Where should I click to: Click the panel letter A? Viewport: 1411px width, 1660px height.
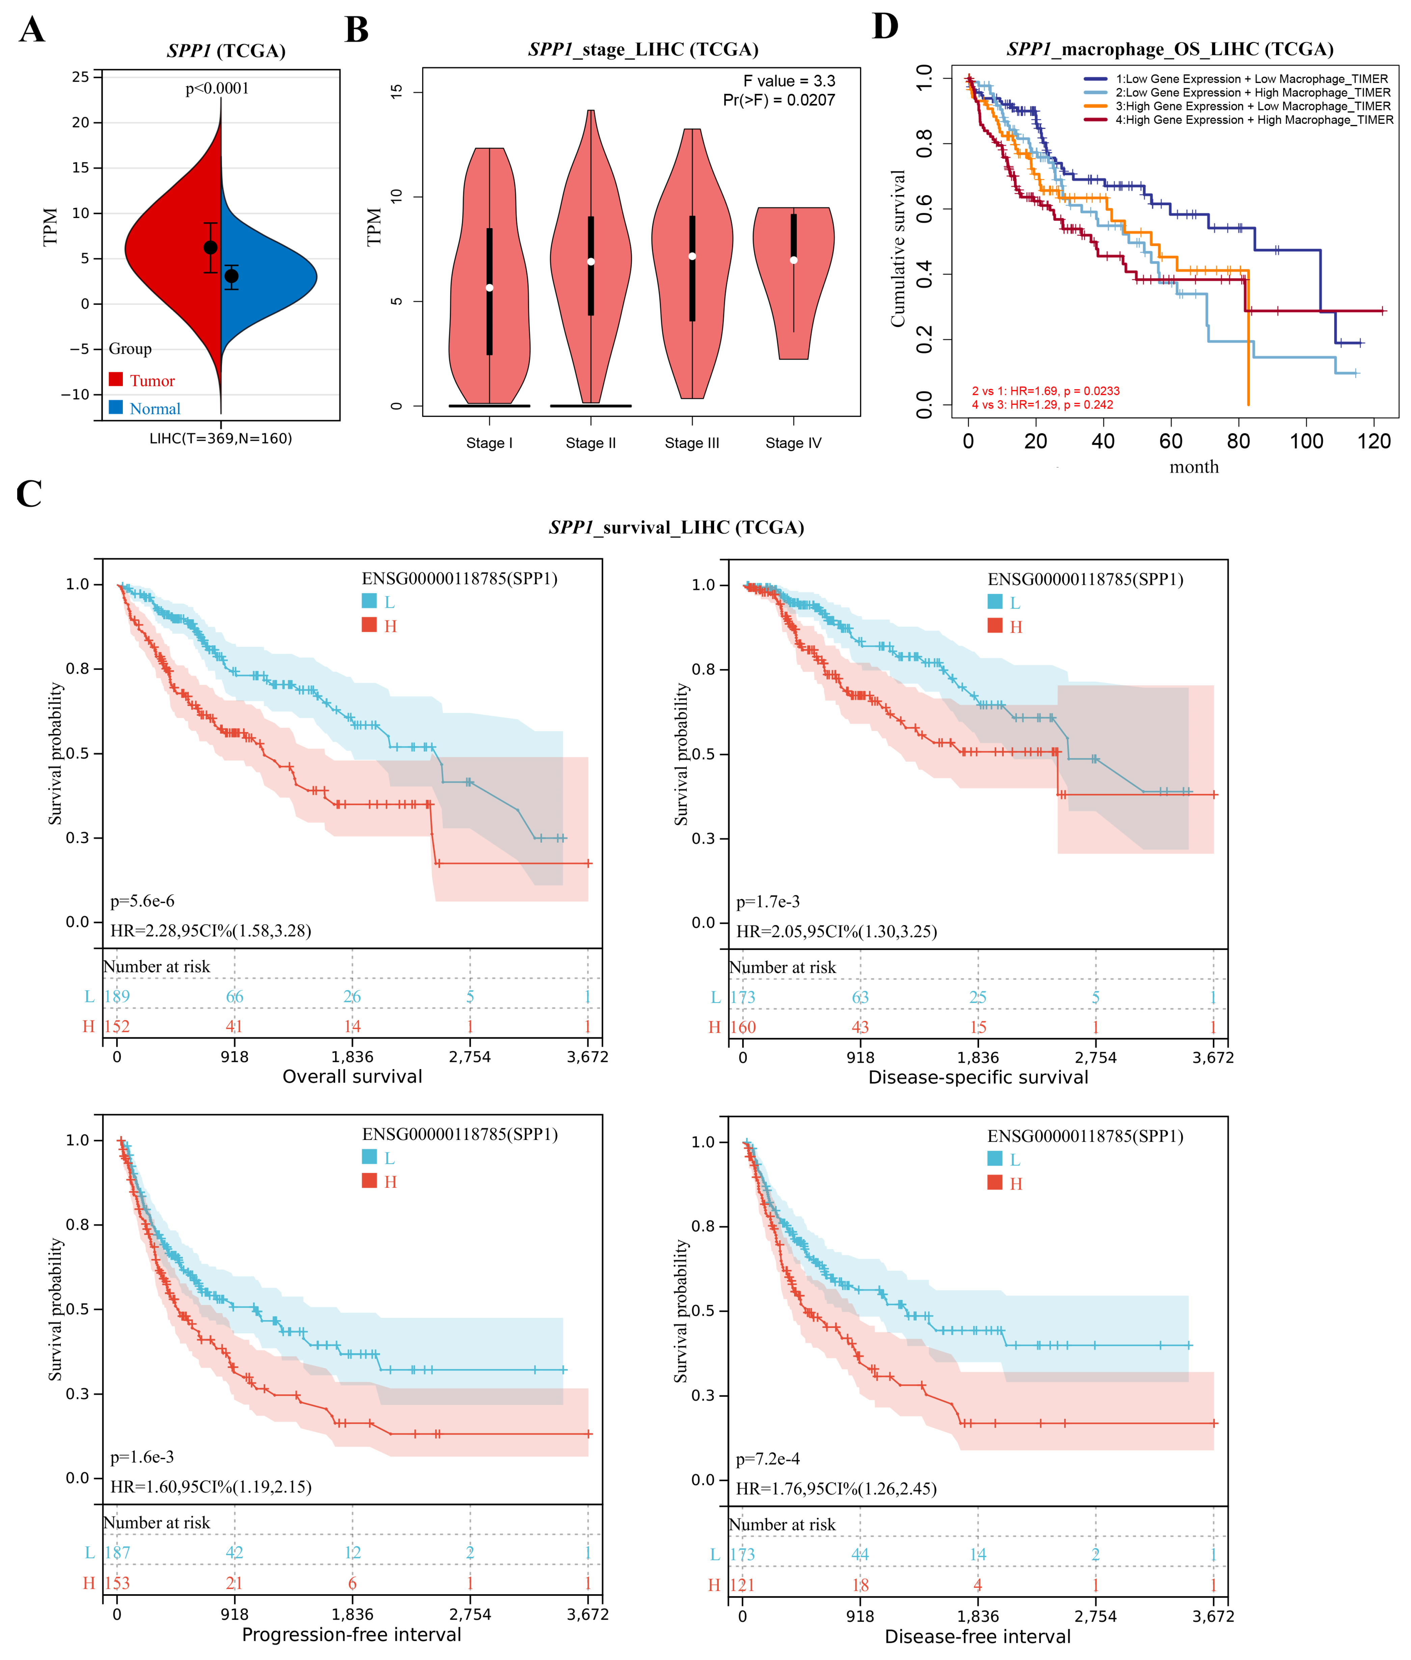32,30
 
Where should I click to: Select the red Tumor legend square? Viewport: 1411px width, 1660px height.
116,379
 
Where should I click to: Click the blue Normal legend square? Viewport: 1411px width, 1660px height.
116,407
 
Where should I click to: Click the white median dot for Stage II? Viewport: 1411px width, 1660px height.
590,262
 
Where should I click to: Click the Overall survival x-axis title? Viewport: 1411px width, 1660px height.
352,1076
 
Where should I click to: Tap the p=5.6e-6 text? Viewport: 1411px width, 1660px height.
142,901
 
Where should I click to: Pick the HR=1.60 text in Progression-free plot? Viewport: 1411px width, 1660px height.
210,1487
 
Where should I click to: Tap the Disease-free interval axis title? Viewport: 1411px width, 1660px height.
977,1636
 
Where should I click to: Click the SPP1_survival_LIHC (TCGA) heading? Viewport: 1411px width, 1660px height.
676,527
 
